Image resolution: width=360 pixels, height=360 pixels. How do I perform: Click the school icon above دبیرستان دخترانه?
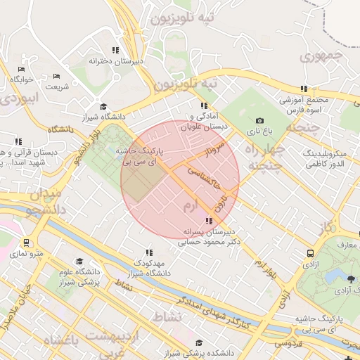click(x=115, y=50)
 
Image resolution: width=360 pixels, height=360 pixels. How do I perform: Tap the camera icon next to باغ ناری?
click(x=260, y=121)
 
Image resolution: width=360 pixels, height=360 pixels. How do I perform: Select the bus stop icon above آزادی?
click(x=309, y=253)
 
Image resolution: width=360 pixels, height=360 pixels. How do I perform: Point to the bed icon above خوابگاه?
click(x=21, y=69)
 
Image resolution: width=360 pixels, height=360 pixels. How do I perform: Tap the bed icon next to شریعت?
click(x=57, y=76)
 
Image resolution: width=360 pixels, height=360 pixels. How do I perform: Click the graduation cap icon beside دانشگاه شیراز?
click(x=103, y=106)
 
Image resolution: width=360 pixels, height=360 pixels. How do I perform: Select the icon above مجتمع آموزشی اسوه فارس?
click(x=304, y=89)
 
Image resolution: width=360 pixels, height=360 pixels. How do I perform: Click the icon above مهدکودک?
click(x=148, y=252)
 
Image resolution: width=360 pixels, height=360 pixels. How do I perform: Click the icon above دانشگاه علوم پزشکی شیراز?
click(x=79, y=262)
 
